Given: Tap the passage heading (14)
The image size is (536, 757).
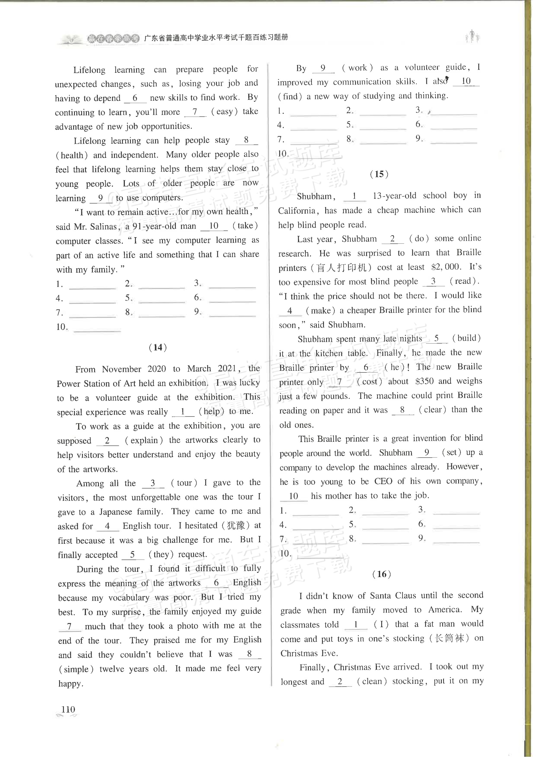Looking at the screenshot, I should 158,347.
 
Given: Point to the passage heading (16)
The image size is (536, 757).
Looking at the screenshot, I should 381,574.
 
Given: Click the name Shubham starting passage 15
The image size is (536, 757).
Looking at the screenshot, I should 314,196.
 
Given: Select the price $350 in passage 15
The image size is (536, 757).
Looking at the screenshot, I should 424,381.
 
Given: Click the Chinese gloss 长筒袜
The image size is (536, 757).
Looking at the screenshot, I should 450,638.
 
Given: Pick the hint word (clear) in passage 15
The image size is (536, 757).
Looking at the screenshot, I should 432,410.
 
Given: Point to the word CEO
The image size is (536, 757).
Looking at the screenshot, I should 383,481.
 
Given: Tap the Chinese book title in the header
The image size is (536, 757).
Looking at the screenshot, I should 216,38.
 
